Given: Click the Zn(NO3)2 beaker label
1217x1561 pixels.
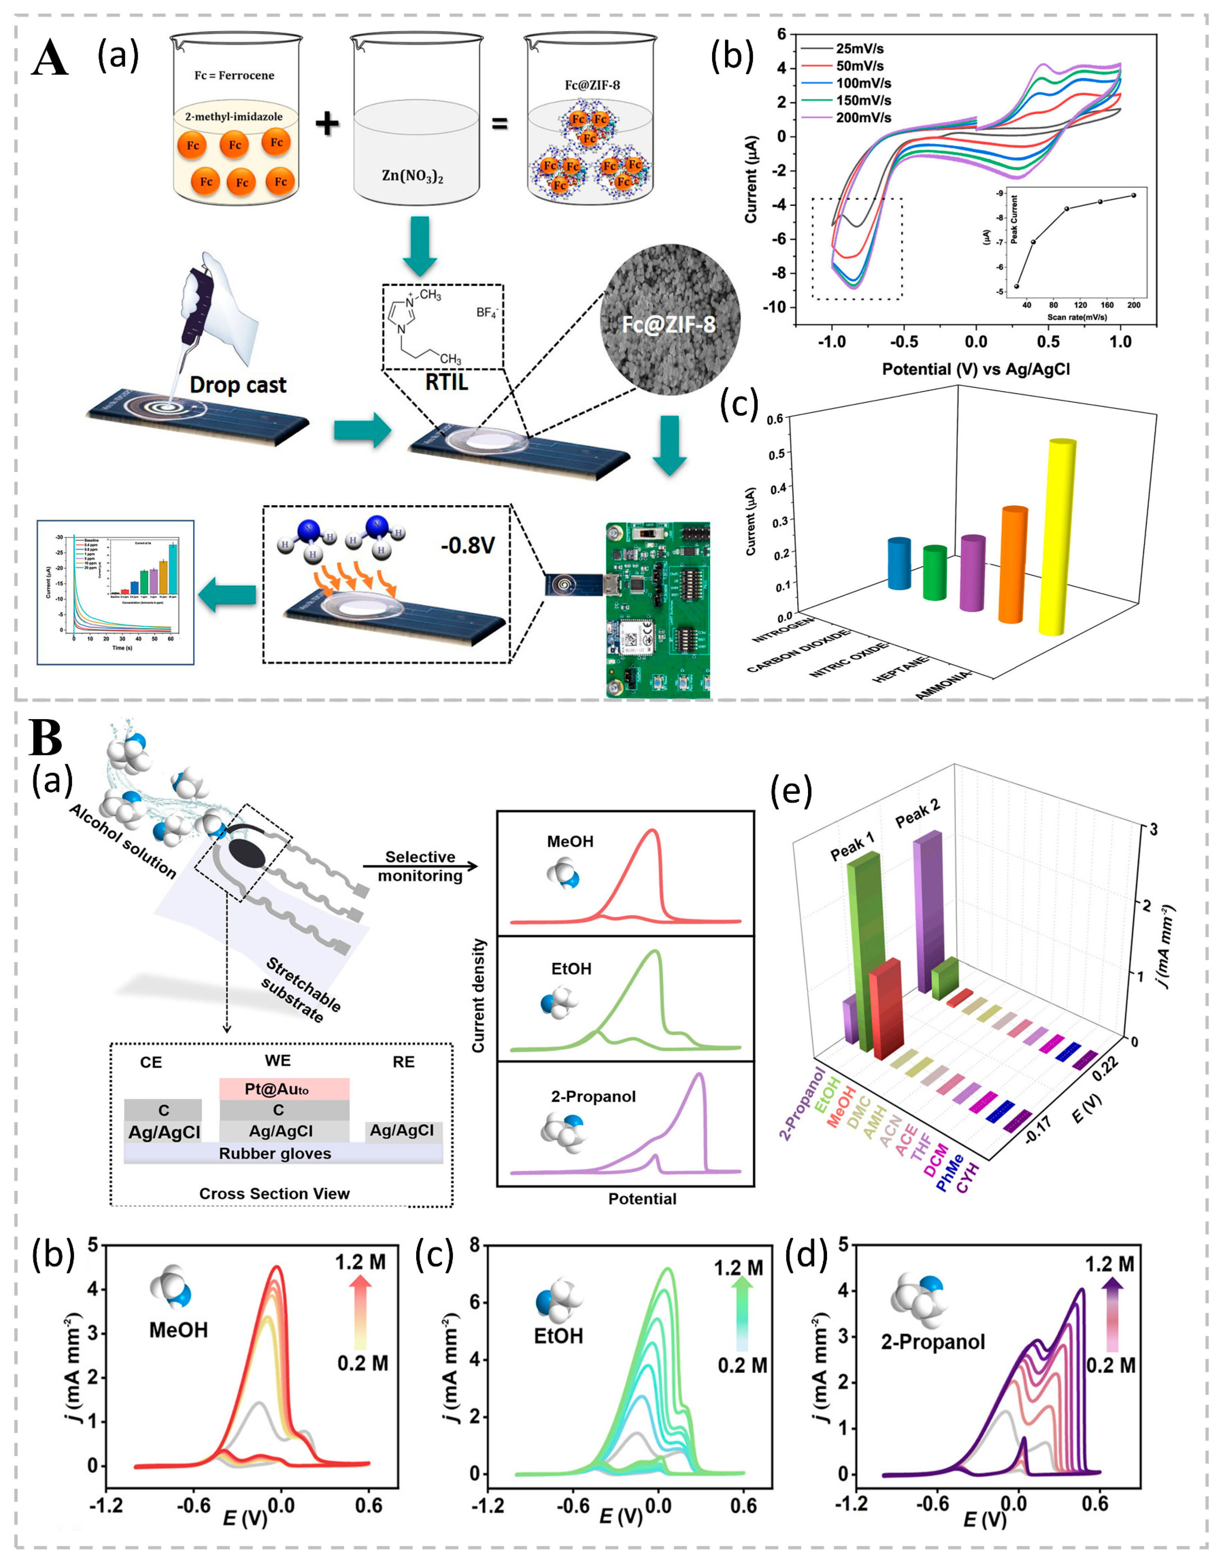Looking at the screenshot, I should [412, 174].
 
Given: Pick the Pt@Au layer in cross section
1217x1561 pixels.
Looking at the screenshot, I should [284, 1089].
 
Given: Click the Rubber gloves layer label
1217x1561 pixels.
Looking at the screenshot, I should [275, 1154].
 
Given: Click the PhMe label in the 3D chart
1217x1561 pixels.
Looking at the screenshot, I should [949, 1172].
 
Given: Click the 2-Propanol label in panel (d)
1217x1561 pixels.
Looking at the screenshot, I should [933, 1341].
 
